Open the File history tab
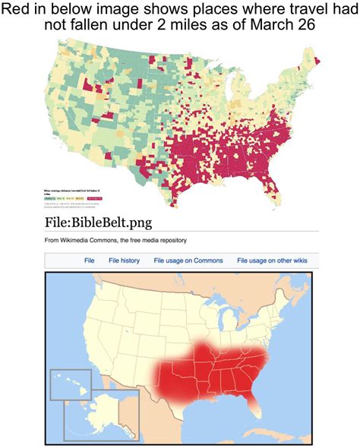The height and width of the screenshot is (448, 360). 124,260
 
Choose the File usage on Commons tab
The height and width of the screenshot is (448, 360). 188,260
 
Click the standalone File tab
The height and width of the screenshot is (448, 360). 89,260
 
